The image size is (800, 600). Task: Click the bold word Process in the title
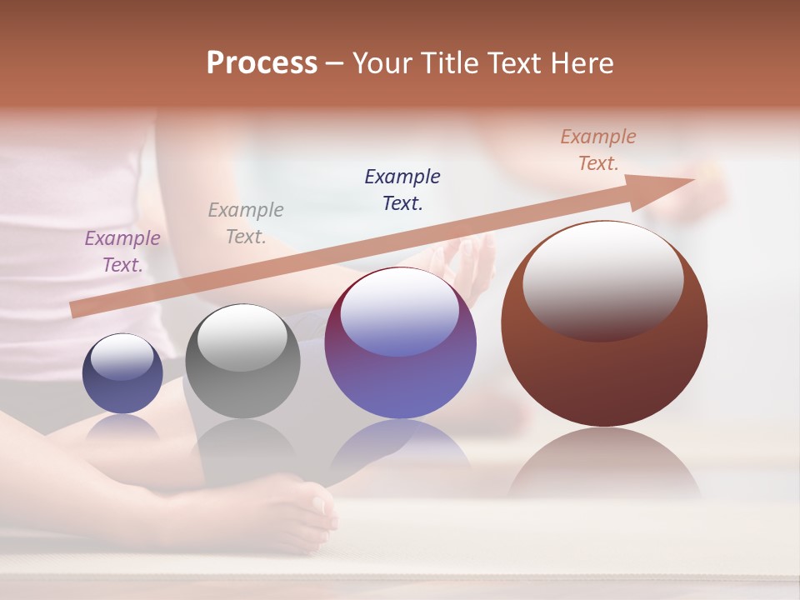point(262,63)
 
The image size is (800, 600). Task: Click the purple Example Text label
point(122,252)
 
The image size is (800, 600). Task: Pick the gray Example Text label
point(246,223)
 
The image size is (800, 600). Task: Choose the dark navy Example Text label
point(402,189)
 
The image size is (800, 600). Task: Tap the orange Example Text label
point(598,150)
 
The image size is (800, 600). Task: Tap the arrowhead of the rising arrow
point(667,185)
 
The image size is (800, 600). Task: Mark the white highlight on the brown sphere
point(602,279)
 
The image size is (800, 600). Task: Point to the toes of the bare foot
point(321,508)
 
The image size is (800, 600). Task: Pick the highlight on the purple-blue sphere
point(400,310)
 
